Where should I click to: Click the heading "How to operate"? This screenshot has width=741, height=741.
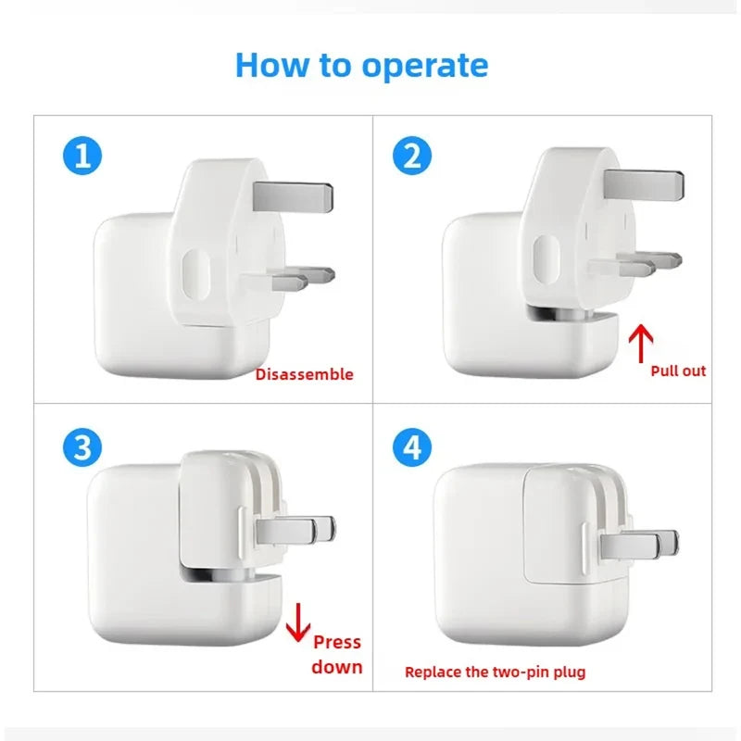click(361, 65)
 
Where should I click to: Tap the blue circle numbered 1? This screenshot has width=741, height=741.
click(82, 155)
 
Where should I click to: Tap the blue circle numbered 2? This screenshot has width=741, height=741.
click(412, 155)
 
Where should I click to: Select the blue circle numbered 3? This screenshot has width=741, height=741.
click(82, 448)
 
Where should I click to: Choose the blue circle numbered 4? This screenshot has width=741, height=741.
click(412, 448)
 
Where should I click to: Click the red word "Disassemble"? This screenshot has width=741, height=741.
click(304, 374)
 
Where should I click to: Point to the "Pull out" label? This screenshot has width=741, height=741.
click(678, 370)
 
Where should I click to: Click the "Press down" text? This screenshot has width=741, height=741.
click(337, 654)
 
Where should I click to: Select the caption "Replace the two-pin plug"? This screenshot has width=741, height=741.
click(496, 672)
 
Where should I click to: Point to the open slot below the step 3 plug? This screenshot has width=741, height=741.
click(227, 574)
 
